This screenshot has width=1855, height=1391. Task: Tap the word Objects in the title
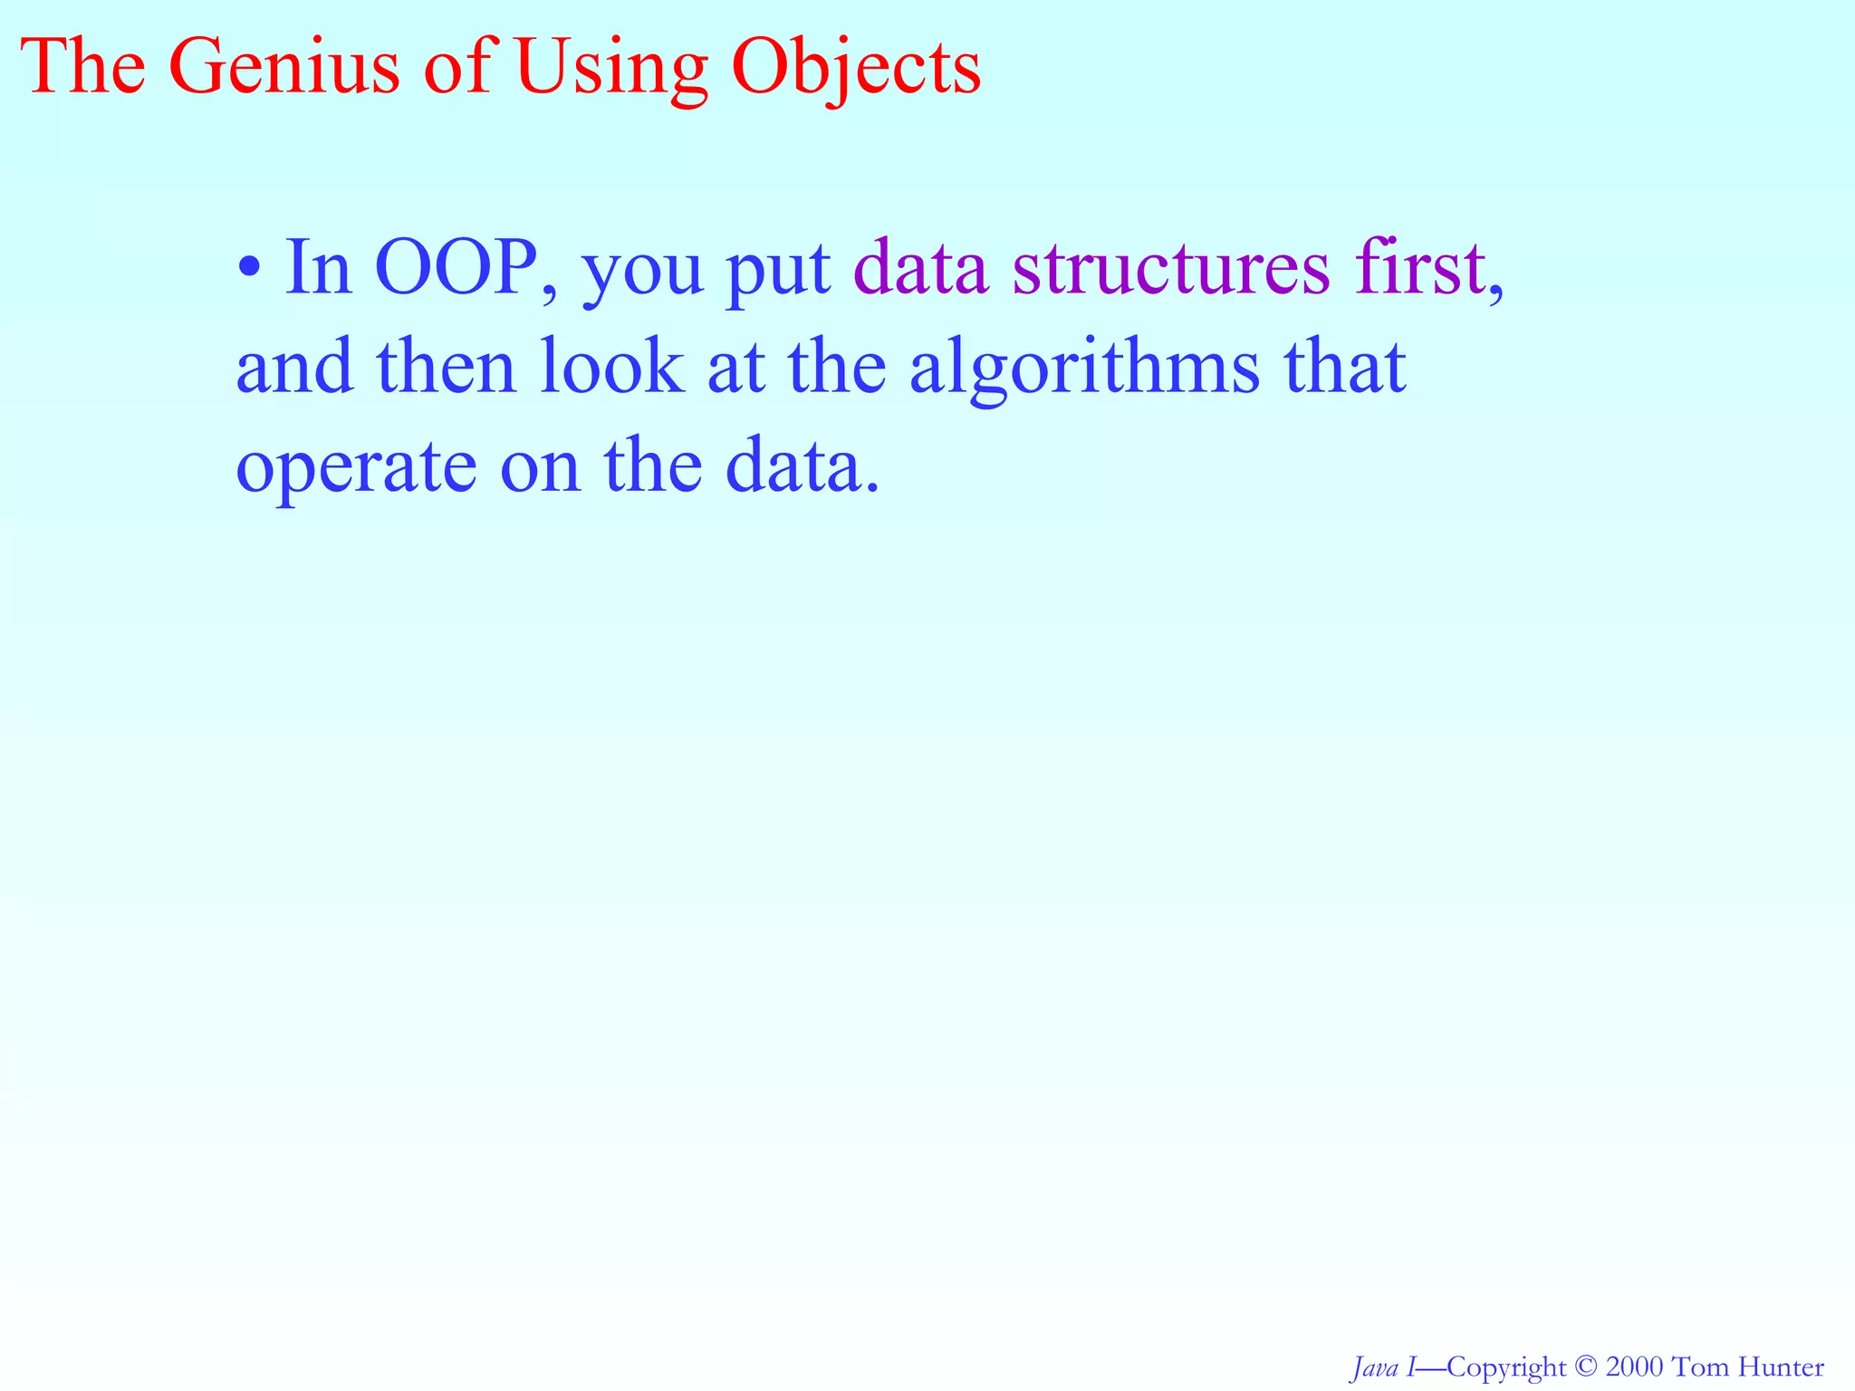click(856, 69)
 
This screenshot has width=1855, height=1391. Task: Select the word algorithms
click(1084, 369)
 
